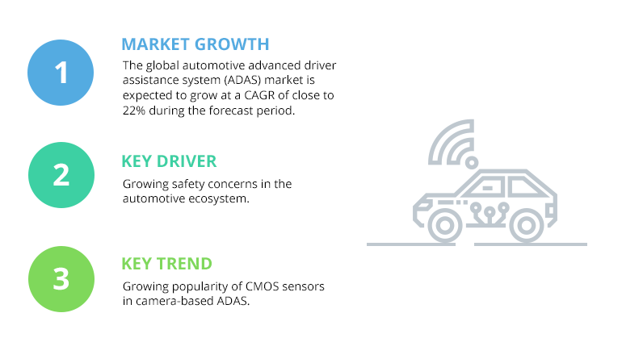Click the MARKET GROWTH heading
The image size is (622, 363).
tap(195, 44)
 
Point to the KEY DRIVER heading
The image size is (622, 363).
tap(169, 161)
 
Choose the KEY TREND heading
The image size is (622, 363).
tap(166, 264)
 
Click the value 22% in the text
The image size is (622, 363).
tap(134, 111)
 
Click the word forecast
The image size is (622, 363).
tap(229, 111)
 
